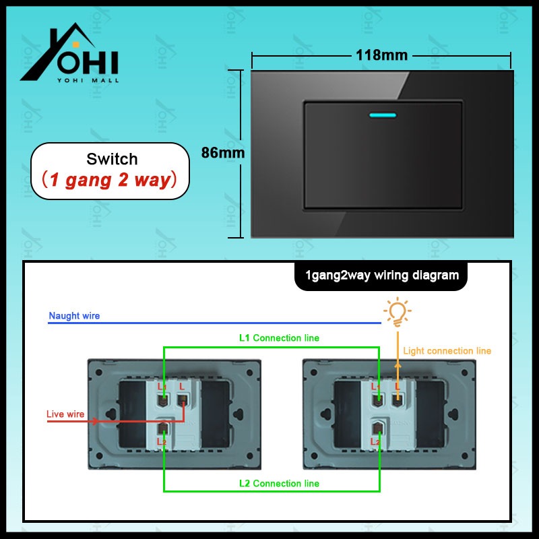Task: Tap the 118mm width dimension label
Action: coord(382,55)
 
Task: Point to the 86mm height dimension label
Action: coord(223,153)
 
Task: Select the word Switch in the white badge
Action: coord(112,160)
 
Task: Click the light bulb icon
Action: coord(397,311)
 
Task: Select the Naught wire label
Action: coord(74,316)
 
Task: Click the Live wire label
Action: coord(65,414)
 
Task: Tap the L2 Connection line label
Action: coord(280,483)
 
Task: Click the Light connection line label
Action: coord(447,351)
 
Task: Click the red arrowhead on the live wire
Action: coord(96,421)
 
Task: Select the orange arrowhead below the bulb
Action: coord(398,364)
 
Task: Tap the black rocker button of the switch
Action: coord(383,155)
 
